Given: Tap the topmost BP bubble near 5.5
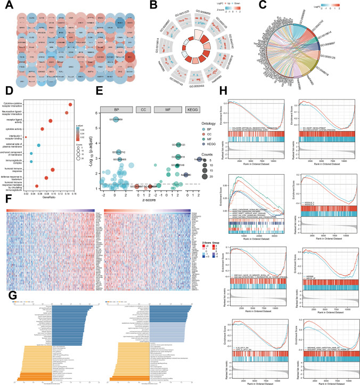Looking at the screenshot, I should pyautogui.click(x=116, y=119).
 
